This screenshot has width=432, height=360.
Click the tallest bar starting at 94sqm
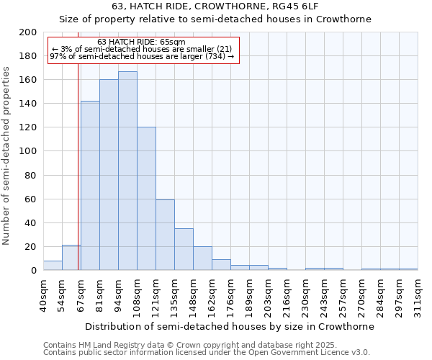127,171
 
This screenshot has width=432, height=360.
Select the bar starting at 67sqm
90,186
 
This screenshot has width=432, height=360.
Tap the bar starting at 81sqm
109,175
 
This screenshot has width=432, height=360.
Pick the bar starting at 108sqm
146,199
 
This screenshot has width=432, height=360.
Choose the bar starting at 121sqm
165,235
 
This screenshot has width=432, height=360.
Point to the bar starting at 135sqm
184,249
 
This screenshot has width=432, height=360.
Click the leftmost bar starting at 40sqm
53,266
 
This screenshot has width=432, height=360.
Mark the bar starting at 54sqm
71,258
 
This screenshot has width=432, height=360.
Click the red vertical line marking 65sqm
78,180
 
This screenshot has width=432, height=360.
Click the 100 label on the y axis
29,151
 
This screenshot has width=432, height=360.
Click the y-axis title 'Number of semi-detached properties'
7,156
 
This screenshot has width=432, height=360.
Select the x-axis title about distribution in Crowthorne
230,326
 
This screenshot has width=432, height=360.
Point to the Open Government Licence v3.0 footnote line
207,352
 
